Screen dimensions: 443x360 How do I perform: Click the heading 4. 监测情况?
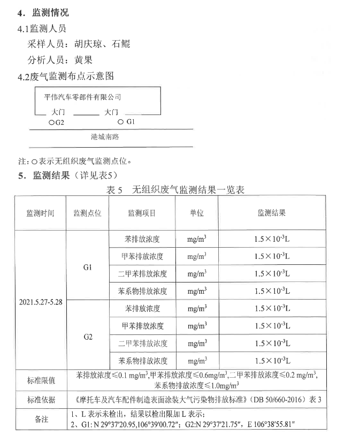(43, 12)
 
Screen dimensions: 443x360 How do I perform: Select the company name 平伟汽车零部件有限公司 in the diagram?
(82, 97)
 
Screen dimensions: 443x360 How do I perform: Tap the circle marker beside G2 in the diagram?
(51, 123)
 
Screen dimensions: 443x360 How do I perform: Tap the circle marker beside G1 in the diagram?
(121, 122)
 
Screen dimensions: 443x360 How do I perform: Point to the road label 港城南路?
(105, 137)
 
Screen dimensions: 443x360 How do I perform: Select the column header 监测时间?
(41, 212)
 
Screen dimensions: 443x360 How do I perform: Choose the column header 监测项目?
(142, 212)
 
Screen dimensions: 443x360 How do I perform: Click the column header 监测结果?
(272, 212)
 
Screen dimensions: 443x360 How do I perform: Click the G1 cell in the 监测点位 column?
(88, 266)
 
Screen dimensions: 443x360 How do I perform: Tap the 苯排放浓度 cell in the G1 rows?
(142, 239)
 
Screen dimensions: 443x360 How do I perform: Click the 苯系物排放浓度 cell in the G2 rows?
(142, 361)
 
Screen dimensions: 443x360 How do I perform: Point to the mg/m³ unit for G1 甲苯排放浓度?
(197, 256)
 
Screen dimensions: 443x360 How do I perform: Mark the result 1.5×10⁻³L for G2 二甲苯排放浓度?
(272, 343)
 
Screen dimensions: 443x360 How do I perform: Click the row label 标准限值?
(41, 380)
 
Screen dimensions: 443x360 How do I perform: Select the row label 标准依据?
(41, 399)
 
